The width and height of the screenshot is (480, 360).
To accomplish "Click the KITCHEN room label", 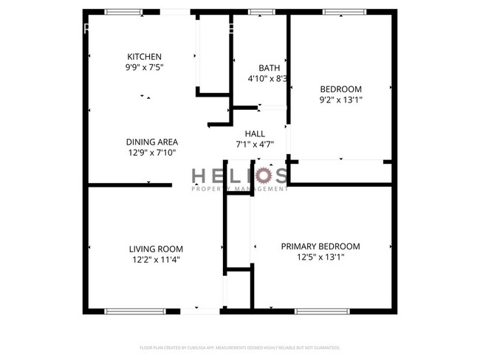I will (144, 57).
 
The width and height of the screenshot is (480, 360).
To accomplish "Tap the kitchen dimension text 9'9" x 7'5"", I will (144, 67).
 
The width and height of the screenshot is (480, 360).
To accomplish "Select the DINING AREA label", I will (151, 142).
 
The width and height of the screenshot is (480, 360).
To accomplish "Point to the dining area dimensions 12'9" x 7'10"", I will (151, 153).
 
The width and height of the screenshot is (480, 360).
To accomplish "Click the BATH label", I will (269, 68).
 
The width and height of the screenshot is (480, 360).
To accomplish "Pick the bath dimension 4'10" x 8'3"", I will (267, 78).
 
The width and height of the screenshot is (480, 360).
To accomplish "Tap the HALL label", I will (255, 134).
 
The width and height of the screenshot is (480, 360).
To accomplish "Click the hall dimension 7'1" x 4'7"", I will (255, 144).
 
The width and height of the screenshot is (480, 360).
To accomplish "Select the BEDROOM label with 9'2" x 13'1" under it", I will (340, 89).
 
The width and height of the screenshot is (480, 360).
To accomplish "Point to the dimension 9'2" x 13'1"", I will (340, 100).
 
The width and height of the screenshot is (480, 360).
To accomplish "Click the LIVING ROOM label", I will (156, 249).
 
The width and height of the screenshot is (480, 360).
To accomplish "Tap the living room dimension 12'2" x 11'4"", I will (156, 260).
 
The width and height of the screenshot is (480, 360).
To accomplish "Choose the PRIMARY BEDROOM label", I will (320, 246).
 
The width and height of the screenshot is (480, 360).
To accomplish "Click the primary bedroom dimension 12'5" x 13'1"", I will (320, 257).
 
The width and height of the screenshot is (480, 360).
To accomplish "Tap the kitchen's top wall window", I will (123, 12).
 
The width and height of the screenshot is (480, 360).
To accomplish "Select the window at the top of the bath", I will (261, 12).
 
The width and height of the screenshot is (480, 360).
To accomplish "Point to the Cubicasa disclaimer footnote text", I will (240, 347).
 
